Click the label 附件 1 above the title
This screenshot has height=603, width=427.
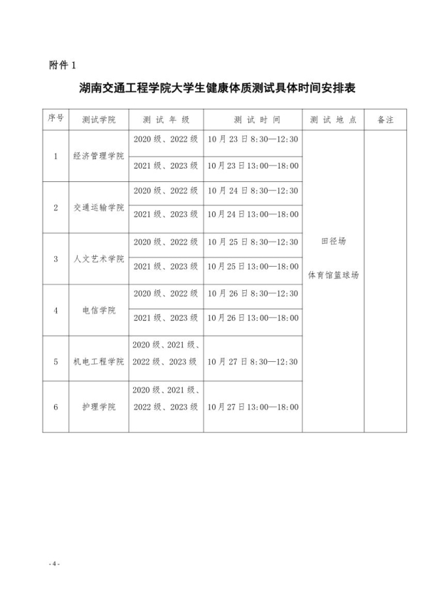click(x=63, y=65)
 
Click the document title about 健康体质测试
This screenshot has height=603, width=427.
click(x=217, y=90)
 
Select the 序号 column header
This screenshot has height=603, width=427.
click(x=56, y=119)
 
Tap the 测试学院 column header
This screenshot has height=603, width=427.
click(x=99, y=119)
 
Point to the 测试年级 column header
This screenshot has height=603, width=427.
click(x=166, y=119)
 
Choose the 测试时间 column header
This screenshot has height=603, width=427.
click(x=253, y=119)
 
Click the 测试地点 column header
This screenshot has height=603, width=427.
click(x=334, y=119)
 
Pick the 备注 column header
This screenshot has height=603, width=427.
click(x=386, y=119)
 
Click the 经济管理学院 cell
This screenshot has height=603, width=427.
click(x=99, y=156)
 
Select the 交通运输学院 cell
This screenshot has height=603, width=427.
click(x=99, y=208)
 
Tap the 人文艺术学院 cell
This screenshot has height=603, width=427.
click(x=99, y=259)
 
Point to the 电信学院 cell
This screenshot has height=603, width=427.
click(x=99, y=310)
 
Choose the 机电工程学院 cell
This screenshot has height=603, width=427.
click(x=99, y=361)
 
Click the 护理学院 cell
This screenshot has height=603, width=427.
click(x=99, y=407)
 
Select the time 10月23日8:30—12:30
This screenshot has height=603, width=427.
click(x=253, y=139)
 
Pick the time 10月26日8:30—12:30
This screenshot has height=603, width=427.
click(x=253, y=293)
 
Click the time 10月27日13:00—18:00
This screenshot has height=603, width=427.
click(x=253, y=407)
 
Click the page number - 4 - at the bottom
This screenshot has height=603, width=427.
click(x=54, y=564)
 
